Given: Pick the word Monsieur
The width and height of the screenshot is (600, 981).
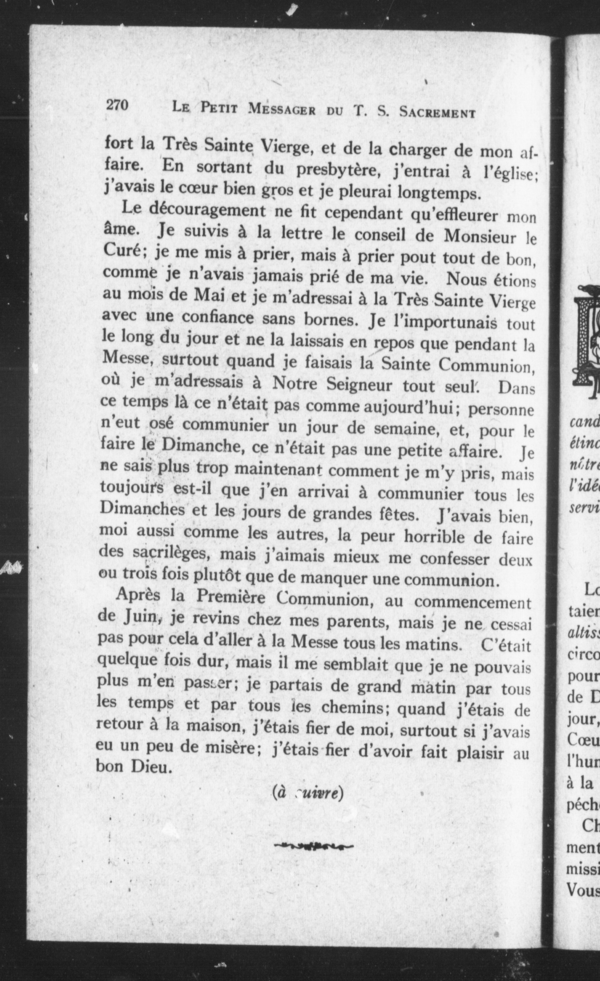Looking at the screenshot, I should point(479,237).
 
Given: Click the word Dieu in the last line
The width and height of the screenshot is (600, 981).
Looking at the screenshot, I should point(149,768).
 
